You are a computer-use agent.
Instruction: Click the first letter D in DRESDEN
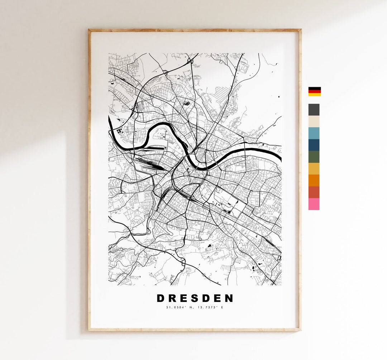point(161,298)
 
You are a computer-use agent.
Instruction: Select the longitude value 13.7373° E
point(211,307)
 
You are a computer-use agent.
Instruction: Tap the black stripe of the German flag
point(315,88)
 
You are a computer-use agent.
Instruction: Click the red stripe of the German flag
point(315,91)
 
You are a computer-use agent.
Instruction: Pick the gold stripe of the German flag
point(315,94)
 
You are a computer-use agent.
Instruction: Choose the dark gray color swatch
point(314,110)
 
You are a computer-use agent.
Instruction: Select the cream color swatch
point(314,122)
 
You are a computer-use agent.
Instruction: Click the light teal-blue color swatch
point(314,133)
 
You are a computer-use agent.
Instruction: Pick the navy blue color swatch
point(314,145)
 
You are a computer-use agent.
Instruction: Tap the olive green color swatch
point(314,157)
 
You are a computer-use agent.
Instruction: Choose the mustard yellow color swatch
point(314,169)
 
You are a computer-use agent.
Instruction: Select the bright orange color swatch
point(314,180)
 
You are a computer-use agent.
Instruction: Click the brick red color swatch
point(314,192)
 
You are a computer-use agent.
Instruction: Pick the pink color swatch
point(314,204)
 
